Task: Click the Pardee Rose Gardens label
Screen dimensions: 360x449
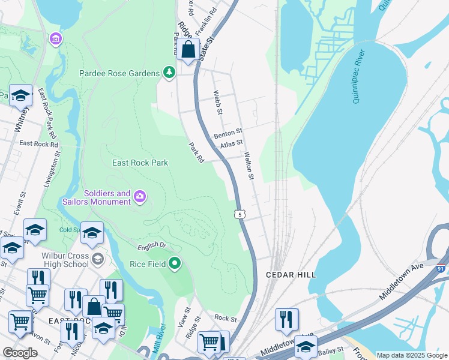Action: click(x=119, y=73)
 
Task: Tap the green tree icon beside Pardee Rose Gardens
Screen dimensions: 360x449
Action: click(x=170, y=73)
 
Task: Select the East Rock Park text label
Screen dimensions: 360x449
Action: click(x=140, y=163)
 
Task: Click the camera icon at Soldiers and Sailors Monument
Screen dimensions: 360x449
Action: click(x=140, y=196)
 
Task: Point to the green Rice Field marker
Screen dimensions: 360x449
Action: click(x=175, y=263)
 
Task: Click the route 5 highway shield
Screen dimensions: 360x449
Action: click(x=240, y=214)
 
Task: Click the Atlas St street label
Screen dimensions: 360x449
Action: click(x=231, y=143)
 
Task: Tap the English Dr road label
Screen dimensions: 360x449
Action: click(x=151, y=245)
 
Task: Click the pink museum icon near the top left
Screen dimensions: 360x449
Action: click(x=56, y=39)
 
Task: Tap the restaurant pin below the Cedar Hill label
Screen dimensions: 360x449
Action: click(x=286, y=319)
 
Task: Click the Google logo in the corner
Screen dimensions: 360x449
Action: click(x=20, y=353)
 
